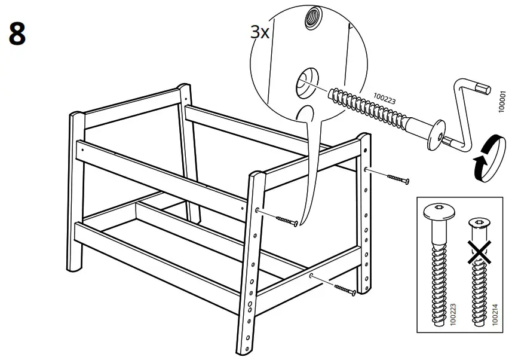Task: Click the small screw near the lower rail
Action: click(345, 289)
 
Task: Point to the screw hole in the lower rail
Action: click(312, 276)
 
